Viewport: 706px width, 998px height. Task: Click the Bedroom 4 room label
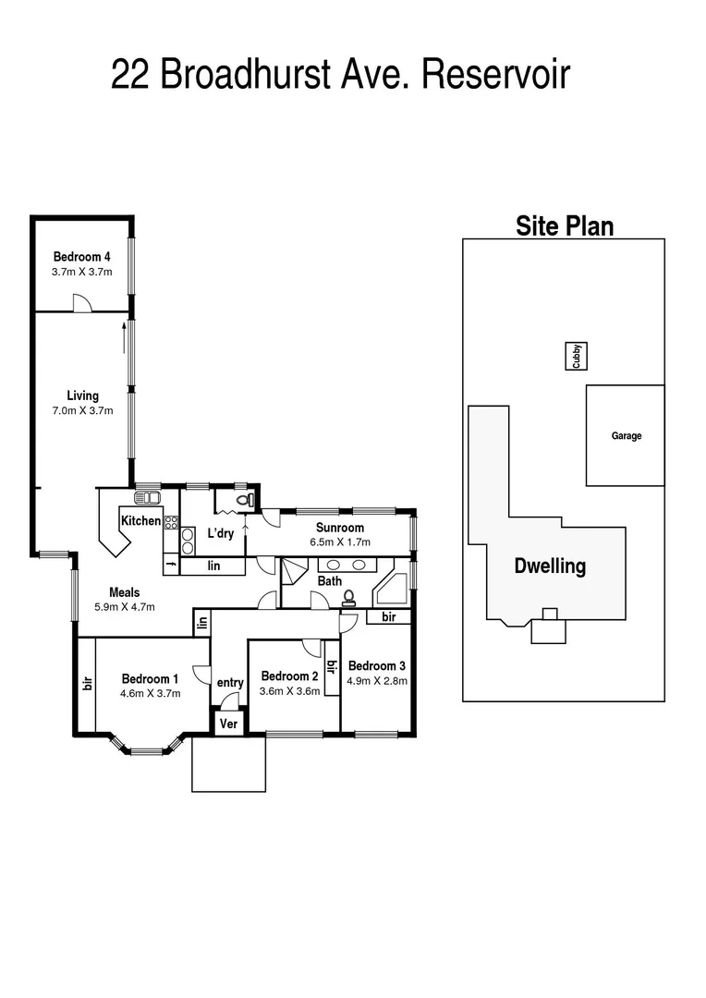[x=82, y=257]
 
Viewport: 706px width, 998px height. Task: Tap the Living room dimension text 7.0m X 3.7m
[x=82, y=410]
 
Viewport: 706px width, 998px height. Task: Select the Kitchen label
[x=140, y=521]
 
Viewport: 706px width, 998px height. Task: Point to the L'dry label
[x=220, y=534]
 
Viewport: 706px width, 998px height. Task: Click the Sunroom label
[x=340, y=528]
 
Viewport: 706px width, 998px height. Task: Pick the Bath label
[x=330, y=581]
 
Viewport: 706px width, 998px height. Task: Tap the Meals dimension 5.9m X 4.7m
[x=124, y=607]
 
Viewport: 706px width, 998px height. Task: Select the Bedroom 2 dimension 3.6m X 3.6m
[x=289, y=690]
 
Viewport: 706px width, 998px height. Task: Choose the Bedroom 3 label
[x=376, y=665]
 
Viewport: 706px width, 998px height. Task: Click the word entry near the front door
[x=230, y=683]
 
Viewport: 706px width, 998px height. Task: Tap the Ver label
[x=227, y=724]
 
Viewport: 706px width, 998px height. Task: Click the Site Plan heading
[x=564, y=225]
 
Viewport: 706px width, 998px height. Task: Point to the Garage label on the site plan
[x=626, y=436]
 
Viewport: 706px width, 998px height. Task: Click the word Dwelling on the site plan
[x=550, y=566]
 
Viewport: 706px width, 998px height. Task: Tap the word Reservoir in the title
[x=496, y=75]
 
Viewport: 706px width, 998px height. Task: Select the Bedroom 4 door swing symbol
[x=81, y=302]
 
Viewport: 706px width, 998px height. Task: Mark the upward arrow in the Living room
[x=123, y=337]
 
